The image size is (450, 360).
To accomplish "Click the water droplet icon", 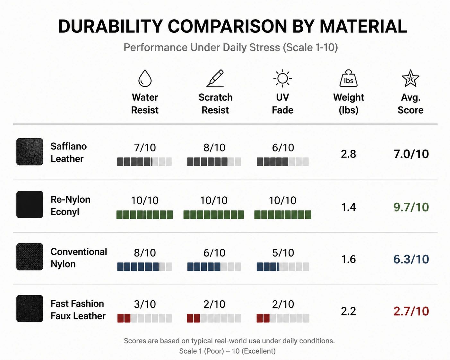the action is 145,78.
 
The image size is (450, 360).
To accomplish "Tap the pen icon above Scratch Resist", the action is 215,78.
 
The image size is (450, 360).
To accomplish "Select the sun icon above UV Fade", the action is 282,78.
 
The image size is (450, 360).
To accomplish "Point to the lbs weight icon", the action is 348,78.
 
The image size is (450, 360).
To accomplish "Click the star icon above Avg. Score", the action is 411,78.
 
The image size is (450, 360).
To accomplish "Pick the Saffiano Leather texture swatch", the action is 30,151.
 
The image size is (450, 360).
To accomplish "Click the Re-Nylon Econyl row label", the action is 71,205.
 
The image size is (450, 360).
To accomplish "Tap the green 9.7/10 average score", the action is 411,207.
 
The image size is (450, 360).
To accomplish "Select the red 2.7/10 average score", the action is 411,311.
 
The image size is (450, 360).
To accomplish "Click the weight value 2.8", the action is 348,154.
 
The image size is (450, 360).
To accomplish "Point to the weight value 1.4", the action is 348,207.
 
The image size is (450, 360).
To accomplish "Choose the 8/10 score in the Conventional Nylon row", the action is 145,253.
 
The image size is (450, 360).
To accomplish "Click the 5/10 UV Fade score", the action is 283,253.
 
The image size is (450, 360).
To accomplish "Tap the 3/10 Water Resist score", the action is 145,304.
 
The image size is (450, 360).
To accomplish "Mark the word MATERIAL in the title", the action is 363,26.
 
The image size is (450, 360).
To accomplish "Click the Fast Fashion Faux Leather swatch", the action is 30,309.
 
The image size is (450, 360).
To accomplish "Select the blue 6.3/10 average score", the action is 411,259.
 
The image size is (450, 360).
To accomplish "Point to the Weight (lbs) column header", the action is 348,104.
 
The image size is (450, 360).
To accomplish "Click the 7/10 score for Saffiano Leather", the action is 145,148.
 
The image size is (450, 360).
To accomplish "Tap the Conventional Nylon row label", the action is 79,258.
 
